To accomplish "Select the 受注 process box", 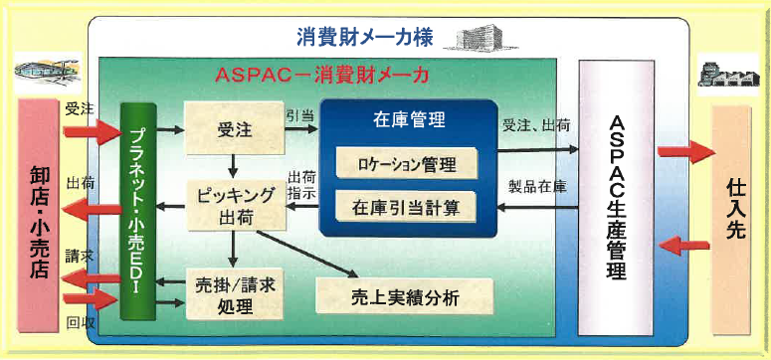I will pos(230,129).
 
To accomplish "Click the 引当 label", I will pos(300,115).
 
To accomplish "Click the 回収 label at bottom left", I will pos(80,323).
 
